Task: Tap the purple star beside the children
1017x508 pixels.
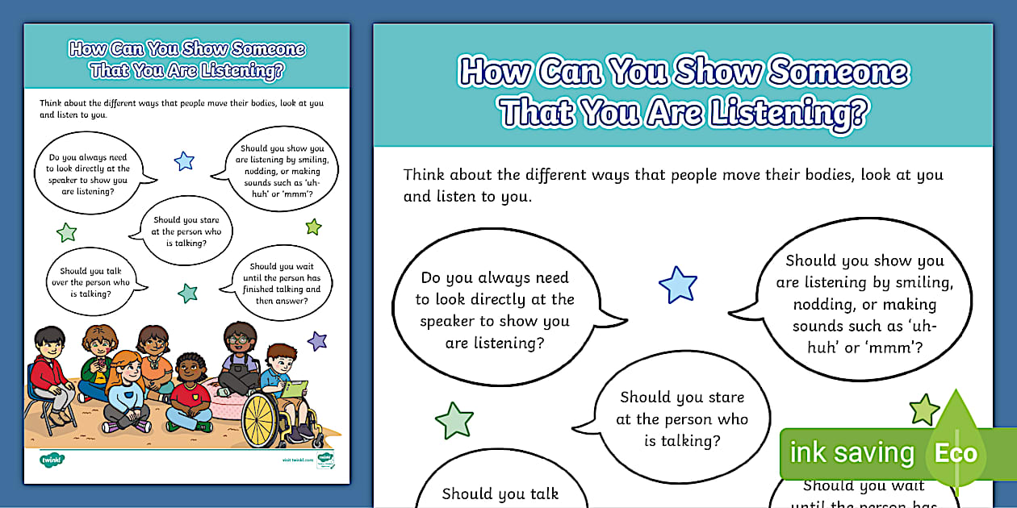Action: click(317, 340)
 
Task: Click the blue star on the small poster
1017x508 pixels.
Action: click(184, 160)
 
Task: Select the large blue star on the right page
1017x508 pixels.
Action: click(677, 285)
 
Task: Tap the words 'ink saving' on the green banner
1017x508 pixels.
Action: click(851, 453)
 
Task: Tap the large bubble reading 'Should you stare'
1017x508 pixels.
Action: click(682, 418)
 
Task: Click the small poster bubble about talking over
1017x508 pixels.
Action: click(95, 282)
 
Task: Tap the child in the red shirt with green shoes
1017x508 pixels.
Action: click(190, 395)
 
